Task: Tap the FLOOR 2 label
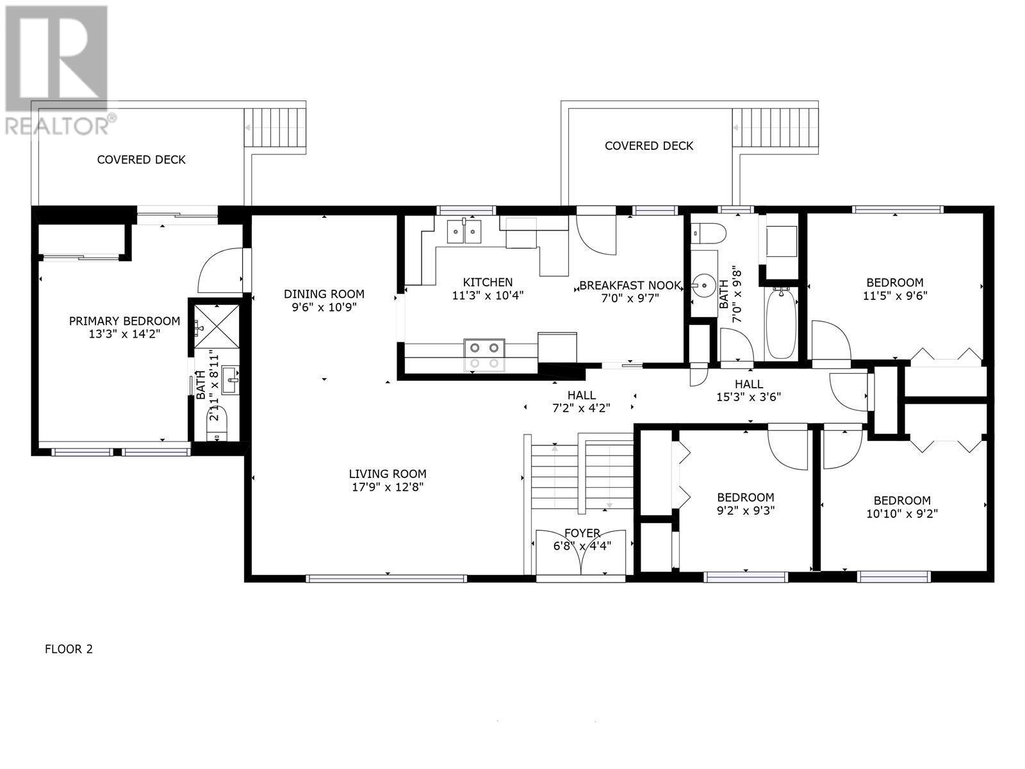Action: pyautogui.click(x=69, y=649)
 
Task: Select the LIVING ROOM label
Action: pyautogui.click(x=388, y=474)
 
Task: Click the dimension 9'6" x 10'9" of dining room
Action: pyautogui.click(x=324, y=307)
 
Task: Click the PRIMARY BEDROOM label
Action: pyautogui.click(x=125, y=321)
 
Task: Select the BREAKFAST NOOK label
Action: pyautogui.click(x=630, y=285)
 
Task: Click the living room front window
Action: pyautogui.click(x=387, y=578)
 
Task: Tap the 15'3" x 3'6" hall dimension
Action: pyautogui.click(x=748, y=397)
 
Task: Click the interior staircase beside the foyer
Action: pyautogui.click(x=580, y=471)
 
